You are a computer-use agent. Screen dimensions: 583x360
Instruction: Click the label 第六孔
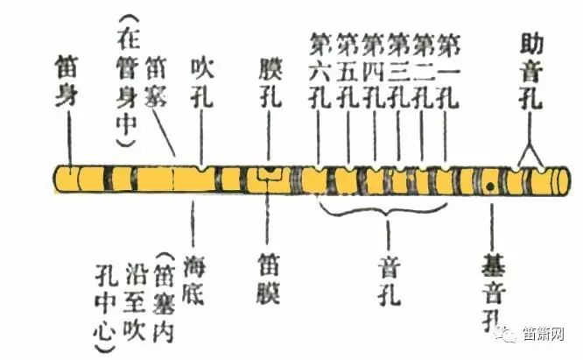click(x=320, y=69)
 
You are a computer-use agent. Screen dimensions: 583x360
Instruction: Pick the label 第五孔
click(x=347, y=69)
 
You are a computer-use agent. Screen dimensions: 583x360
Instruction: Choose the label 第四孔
click(x=373, y=69)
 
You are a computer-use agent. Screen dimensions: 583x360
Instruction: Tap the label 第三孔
click(x=398, y=69)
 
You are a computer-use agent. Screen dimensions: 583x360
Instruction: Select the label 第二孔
click(x=423, y=69)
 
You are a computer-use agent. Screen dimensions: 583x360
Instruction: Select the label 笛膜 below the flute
click(x=269, y=277)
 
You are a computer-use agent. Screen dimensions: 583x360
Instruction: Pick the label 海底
click(x=194, y=276)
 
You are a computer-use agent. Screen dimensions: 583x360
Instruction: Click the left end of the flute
click(x=60, y=180)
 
